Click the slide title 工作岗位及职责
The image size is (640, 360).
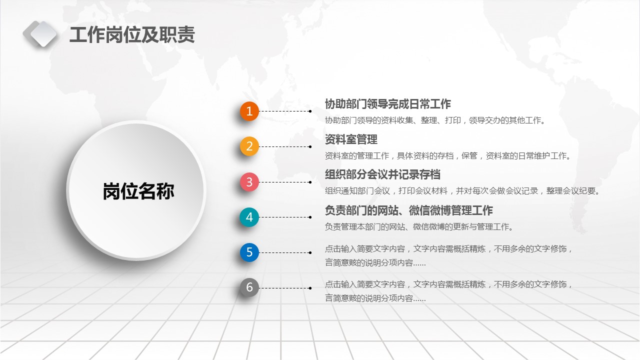click(132, 35)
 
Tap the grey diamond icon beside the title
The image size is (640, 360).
click(40, 34)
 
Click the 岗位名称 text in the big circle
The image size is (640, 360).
click(138, 191)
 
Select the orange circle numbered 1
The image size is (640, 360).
click(249, 111)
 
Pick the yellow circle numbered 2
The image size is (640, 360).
click(249, 146)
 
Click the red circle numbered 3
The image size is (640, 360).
click(249, 181)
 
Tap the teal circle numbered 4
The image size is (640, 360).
click(249, 217)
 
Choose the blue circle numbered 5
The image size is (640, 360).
click(249, 252)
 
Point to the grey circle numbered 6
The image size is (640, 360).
click(249, 287)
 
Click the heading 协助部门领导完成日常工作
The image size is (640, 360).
click(387, 104)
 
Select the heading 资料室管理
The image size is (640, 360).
click(351, 139)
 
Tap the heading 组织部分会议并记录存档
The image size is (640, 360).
click(382, 174)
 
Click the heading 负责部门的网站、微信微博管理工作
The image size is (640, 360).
click(409, 210)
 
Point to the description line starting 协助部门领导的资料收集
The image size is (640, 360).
click(435, 120)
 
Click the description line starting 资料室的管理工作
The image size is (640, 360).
click(447, 155)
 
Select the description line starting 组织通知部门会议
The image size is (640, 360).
click(462, 191)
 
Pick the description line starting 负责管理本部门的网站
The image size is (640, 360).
click(419, 227)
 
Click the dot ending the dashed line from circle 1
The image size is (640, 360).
click(310, 111)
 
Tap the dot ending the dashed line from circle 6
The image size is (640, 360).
click(310, 288)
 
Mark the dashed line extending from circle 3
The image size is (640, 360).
click(285, 182)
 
